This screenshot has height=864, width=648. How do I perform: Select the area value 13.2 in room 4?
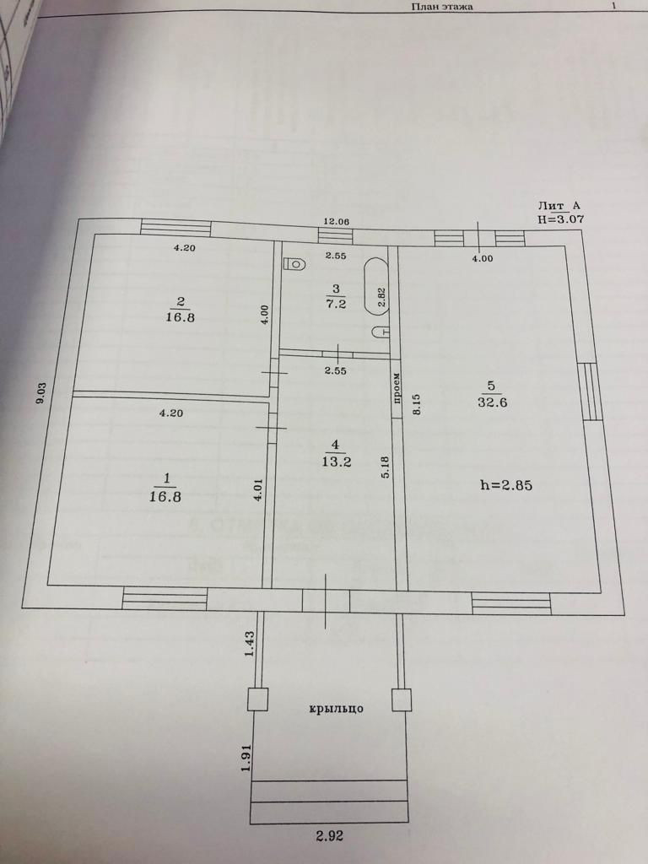[x=335, y=461]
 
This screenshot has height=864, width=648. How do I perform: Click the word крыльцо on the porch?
[x=336, y=709]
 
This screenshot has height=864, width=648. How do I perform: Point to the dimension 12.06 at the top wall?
[x=337, y=222]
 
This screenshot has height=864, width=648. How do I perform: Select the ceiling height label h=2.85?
[x=505, y=485]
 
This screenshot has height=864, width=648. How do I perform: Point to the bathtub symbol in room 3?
[x=375, y=288]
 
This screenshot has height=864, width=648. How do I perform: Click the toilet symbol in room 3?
[x=294, y=264]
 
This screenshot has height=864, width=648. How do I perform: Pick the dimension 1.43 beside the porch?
[x=250, y=644]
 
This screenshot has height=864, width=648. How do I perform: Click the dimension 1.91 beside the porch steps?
[x=246, y=756]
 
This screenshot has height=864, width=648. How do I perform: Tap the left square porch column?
[x=257, y=699]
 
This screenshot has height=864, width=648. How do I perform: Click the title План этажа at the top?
[x=441, y=7]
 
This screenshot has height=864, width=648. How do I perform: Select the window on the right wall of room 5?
[x=591, y=391]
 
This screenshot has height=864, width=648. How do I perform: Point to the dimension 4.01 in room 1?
[x=259, y=492]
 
